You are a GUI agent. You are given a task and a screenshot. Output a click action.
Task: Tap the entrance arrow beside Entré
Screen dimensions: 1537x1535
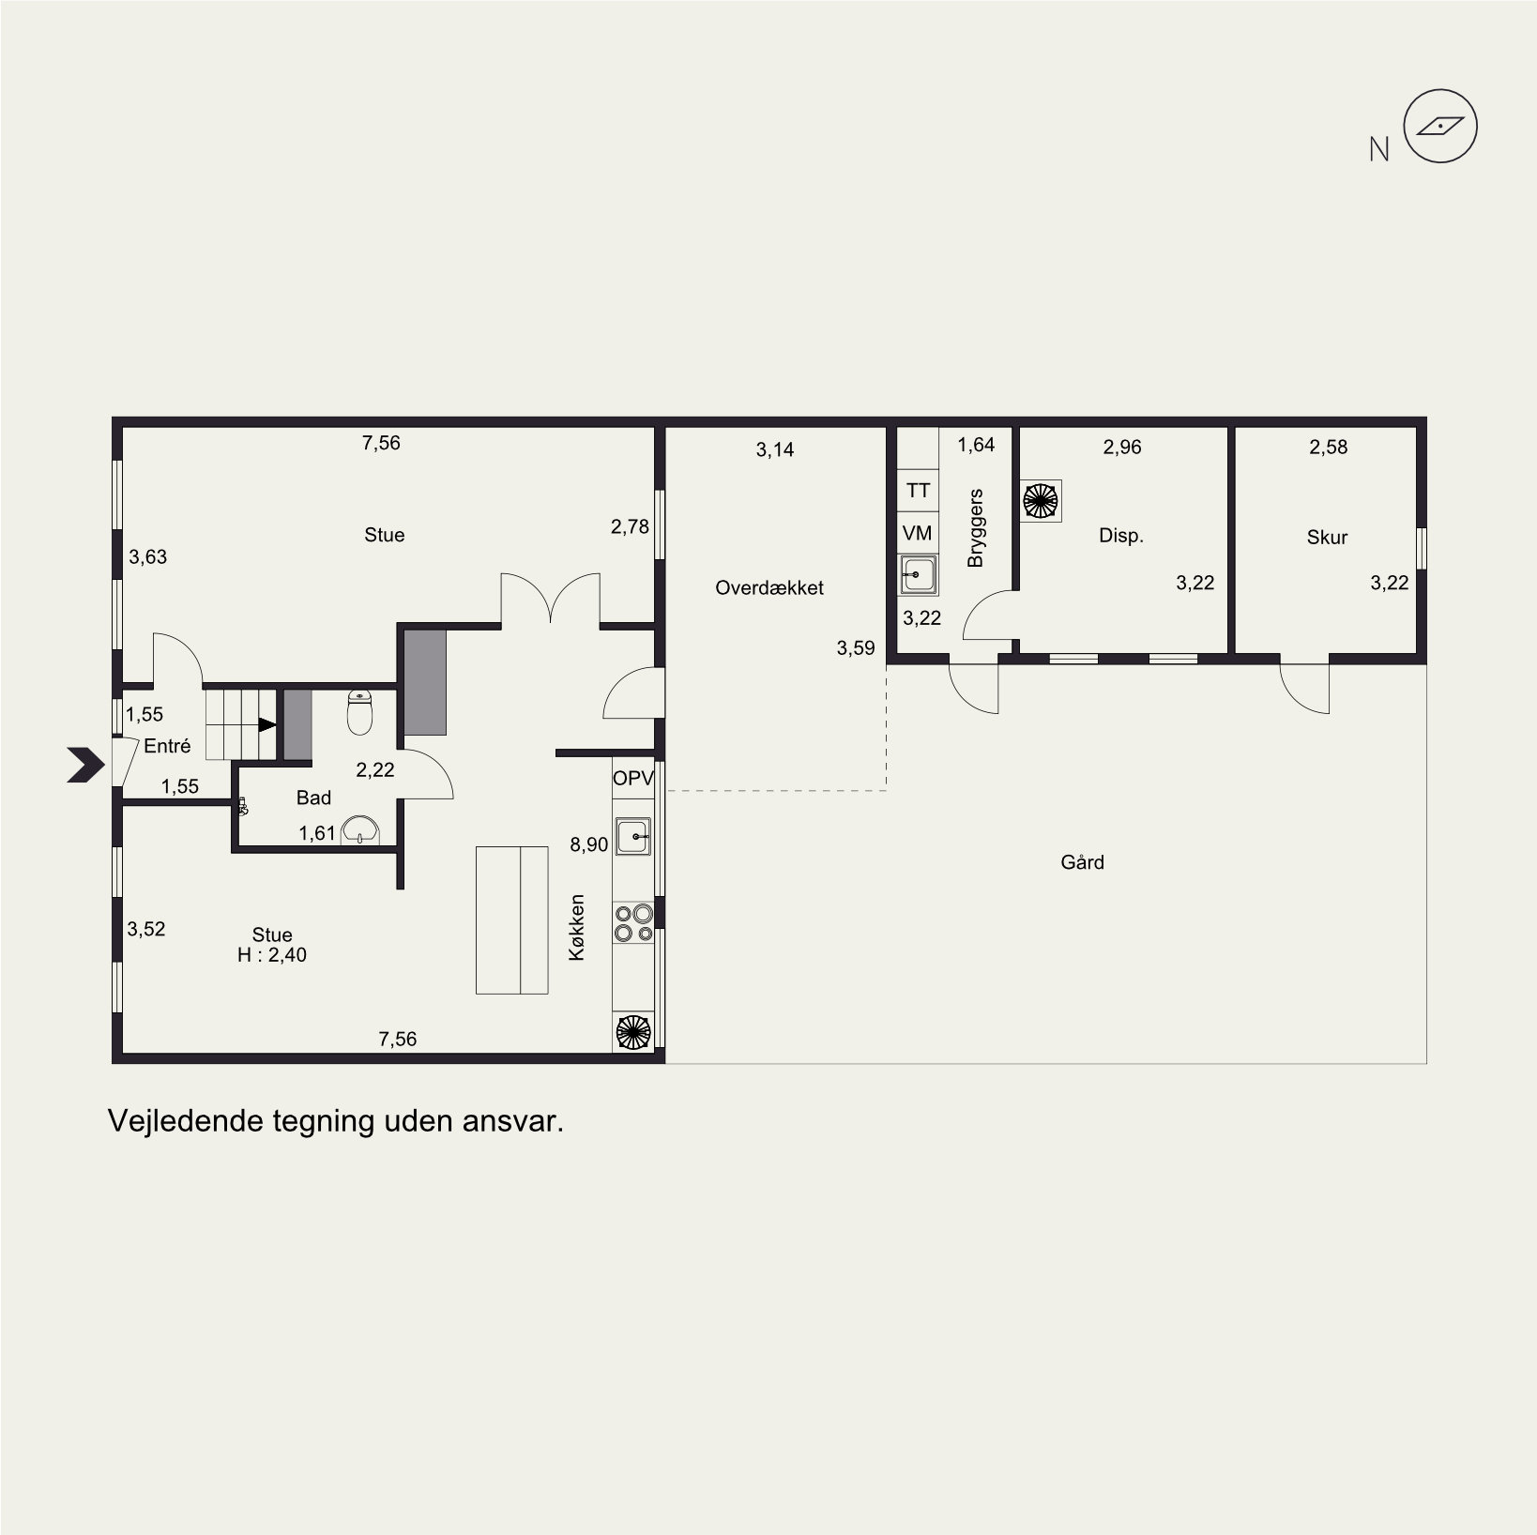click(85, 765)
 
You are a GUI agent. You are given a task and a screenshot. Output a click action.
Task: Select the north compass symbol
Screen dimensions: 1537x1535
click(1440, 127)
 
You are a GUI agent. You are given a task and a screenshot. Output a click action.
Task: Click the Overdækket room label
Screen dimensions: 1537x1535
click(769, 588)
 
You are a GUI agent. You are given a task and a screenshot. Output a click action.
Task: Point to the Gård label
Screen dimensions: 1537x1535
click(1082, 861)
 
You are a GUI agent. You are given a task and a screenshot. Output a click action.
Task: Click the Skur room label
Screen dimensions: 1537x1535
click(1327, 538)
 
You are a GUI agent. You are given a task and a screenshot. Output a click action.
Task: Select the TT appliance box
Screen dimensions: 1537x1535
click(919, 491)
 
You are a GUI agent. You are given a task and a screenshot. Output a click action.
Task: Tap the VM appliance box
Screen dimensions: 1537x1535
click(919, 533)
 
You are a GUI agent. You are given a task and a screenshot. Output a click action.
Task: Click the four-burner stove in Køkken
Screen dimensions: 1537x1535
click(633, 922)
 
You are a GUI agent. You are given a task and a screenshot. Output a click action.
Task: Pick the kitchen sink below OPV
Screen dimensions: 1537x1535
click(634, 836)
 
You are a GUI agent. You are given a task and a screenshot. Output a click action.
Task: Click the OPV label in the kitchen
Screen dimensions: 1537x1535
click(633, 778)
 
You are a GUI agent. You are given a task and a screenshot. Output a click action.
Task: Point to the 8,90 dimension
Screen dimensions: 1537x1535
click(589, 844)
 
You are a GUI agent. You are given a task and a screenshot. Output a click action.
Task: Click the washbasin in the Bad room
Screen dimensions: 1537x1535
click(360, 829)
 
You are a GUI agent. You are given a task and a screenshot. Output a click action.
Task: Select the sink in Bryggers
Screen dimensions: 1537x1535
click(919, 574)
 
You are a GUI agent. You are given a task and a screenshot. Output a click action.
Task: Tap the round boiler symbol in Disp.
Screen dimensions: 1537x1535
click(1040, 500)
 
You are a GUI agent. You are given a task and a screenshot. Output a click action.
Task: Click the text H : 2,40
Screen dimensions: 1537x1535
click(272, 956)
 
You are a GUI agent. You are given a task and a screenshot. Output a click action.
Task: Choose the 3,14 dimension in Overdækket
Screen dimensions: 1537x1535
click(775, 450)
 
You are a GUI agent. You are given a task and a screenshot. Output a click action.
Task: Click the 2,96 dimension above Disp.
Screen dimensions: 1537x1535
click(1122, 448)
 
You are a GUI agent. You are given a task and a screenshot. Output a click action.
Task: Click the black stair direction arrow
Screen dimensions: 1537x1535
click(267, 724)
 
